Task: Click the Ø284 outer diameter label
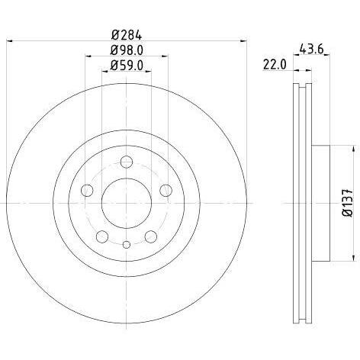[x=127, y=35]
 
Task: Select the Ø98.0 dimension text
[x=127, y=50]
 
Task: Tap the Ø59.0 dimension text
[x=127, y=66]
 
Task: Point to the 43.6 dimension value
[x=312, y=49]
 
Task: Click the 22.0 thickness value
[x=275, y=64]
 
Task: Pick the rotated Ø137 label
[x=348, y=203]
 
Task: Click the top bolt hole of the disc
[x=127, y=162]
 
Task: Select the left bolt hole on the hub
[x=87, y=190]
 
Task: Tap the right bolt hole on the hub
[x=166, y=190]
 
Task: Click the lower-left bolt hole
[x=102, y=236]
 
